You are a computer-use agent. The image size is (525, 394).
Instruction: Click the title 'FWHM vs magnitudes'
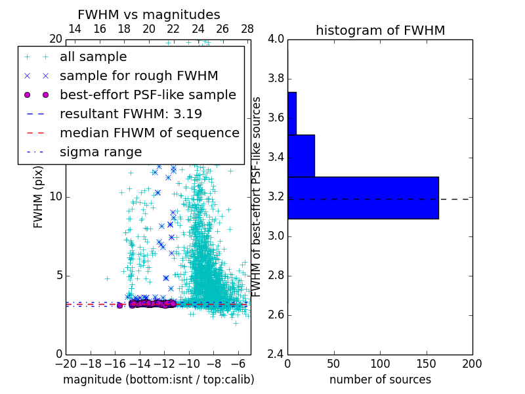point(149,14)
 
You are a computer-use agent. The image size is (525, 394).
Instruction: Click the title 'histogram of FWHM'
point(380,30)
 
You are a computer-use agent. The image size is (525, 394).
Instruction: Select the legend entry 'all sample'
point(93,57)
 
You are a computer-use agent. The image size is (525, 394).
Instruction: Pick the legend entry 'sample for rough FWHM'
point(138,76)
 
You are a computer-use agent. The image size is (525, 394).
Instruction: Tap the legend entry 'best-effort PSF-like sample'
point(148,95)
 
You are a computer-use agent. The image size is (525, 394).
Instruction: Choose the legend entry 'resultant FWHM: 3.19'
point(131,114)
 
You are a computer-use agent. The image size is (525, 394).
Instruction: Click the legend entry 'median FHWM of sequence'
point(149,133)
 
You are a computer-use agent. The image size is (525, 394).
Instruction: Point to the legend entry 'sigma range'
point(100,152)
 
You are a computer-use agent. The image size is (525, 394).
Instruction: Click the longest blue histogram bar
point(363,198)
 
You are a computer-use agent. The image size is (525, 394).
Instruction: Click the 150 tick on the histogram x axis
point(426,363)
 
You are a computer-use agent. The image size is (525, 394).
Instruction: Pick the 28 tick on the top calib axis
point(247,30)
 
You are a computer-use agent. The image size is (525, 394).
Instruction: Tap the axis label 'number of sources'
point(380,380)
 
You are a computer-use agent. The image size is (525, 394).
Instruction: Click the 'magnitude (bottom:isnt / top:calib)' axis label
point(158,380)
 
